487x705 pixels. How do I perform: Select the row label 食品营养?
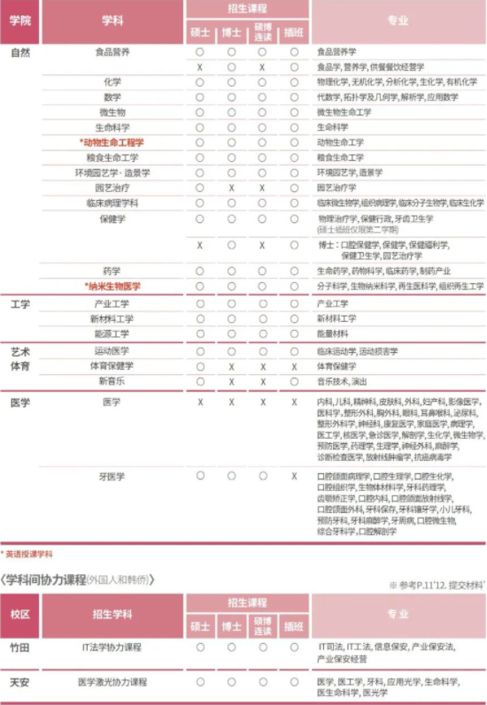click(x=112, y=52)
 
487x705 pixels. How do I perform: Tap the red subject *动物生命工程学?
click(x=112, y=142)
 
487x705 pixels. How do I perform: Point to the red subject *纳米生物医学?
click(x=112, y=287)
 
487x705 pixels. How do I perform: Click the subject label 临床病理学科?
click(x=112, y=203)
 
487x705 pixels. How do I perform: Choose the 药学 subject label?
click(x=112, y=271)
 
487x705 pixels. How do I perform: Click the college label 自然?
click(x=20, y=52)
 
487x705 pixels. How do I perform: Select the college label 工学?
click(x=20, y=304)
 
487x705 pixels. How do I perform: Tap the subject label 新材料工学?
click(x=112, y=318)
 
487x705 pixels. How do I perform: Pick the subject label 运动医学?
click(x=112, y=351)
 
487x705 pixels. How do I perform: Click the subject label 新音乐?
click(x=112, y=381)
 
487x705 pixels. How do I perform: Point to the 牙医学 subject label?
click(x=112, y=476)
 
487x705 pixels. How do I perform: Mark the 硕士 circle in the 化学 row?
click(x=200, y=82)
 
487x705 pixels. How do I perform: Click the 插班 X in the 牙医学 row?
click(x=294, y=476)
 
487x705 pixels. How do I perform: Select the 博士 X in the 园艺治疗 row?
click(x=231, y=188)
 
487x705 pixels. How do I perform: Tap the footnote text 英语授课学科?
click(x=30, y=554)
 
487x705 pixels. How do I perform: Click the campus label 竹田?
click(x=20, y=648)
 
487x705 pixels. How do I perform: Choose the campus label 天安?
click(x=20, y=683)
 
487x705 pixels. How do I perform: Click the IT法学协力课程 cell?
click(x=112, y=648)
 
